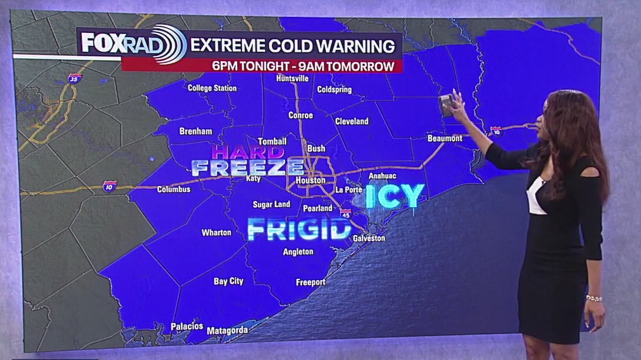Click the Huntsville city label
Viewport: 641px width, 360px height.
293,78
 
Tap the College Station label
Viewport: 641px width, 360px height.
212,88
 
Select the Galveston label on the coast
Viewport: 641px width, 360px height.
369,238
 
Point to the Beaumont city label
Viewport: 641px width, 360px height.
444,138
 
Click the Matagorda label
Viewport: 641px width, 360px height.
227,331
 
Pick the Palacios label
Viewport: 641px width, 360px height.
187,326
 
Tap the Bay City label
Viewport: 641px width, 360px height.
228,281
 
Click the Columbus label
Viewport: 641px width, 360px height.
174,189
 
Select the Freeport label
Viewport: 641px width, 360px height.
310,282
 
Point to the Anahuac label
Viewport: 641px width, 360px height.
382,176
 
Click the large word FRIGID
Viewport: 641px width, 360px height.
300,229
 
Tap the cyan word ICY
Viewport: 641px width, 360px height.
395,196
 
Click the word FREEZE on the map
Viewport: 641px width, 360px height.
248,168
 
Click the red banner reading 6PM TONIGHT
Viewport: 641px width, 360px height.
262,66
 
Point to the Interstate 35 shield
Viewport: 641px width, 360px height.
74,78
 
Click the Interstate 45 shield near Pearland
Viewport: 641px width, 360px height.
346,214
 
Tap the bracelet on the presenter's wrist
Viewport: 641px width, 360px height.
594,298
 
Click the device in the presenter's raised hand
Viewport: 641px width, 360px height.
447,106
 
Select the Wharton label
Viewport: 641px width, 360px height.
217,232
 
